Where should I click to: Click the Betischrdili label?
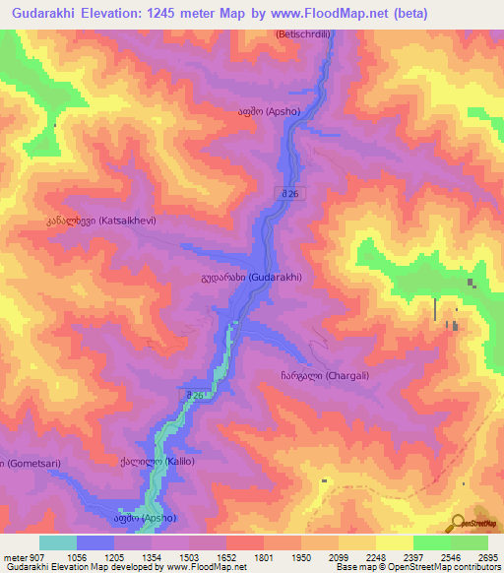pyautogui.click(x=306, y=32)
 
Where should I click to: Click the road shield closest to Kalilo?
pyautogui.click(x=197, y=395)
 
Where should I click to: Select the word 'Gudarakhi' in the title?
pyautogui.click(x=44, y=13)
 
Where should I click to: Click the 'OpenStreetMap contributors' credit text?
pyautogui.click(x=448, y=568)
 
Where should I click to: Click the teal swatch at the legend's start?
pyautogui.click(x=58, y=542)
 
